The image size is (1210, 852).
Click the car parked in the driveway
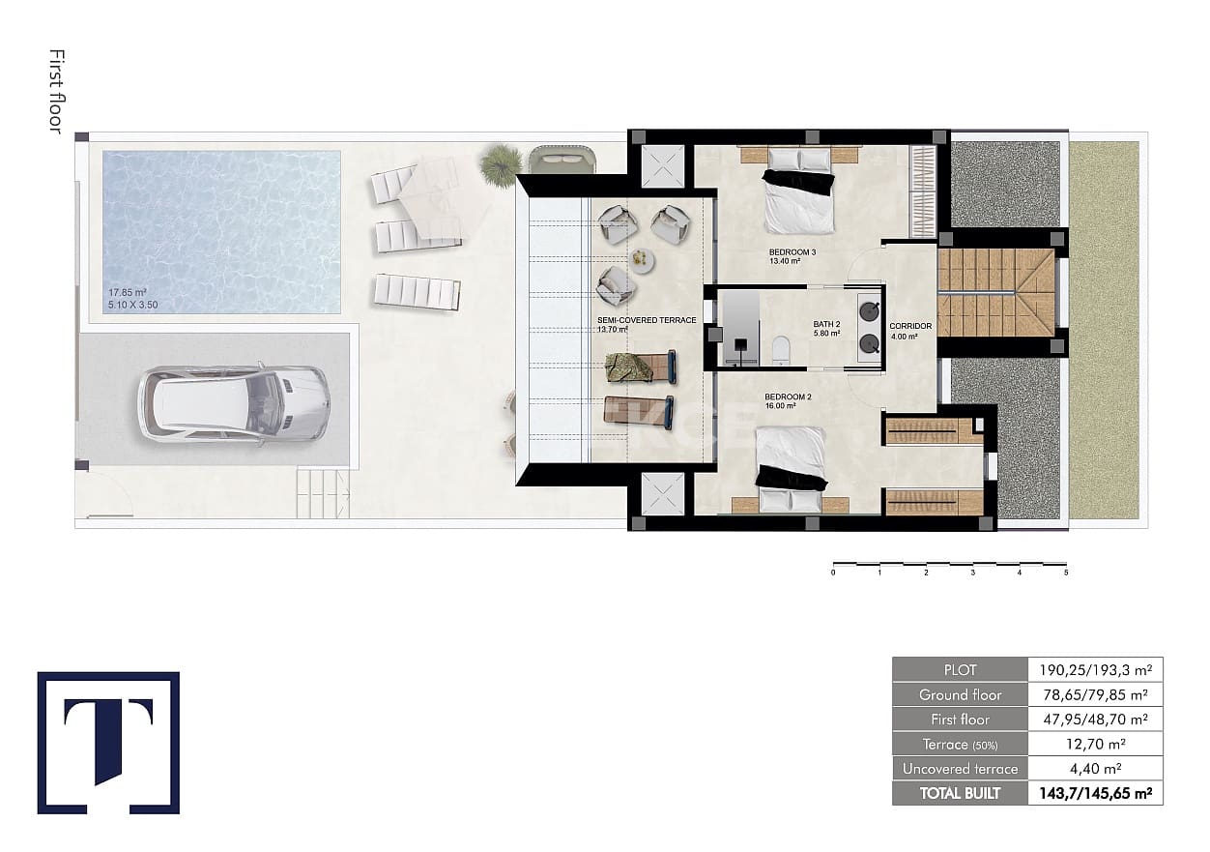[233, 402]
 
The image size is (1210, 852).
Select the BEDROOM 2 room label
[779, 397]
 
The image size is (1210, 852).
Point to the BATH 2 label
[826, 326]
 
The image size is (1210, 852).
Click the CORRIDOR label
[910, 326]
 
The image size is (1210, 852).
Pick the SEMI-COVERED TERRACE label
[647, 320]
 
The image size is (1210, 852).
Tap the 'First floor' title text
[56, 92]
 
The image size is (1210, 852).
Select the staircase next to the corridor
[994, 292]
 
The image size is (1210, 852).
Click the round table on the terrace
[642, 258]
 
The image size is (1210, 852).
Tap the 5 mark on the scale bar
[1066, 573]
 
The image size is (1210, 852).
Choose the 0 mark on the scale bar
[833, 573]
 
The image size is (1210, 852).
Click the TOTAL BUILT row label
[959, 794]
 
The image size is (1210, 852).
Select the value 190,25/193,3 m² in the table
[1094, 669]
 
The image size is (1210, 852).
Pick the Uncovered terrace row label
[959, 769]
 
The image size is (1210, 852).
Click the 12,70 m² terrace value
[1094, 744]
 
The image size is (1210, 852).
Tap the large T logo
[108, 742]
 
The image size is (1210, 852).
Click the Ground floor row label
[959, 694]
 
